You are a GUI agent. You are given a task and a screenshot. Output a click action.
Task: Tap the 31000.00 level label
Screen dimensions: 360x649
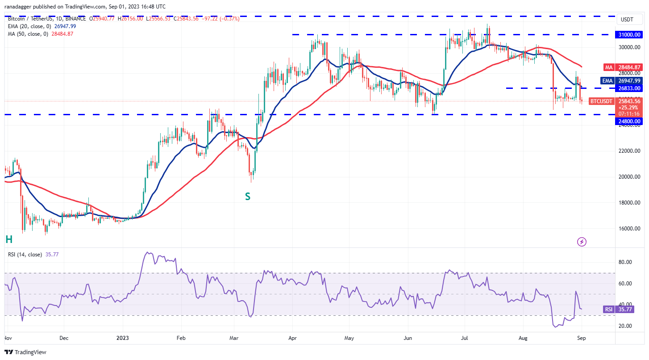click(630, 34)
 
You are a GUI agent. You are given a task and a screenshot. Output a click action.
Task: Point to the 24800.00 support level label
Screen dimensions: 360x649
click(630, 121)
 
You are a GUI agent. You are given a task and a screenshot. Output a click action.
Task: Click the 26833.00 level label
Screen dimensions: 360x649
click(630, 88)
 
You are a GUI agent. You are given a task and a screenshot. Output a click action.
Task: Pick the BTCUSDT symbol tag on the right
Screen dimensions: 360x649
click(601, 101)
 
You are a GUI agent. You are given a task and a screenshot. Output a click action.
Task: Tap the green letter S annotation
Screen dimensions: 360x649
click(247, 197)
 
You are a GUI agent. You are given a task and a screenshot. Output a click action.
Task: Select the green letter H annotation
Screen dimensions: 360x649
click(8, 240)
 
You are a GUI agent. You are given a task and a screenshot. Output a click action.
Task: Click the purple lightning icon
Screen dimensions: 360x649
click(582, 242)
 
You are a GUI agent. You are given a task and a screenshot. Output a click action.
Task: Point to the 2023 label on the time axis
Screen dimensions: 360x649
click(122, 338)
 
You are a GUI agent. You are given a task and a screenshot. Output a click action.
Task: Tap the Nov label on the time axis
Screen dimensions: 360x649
click(8, 338)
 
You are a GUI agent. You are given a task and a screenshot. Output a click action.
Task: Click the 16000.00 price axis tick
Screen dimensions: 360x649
click(630, 229)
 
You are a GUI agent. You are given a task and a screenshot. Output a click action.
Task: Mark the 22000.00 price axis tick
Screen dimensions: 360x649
click(630, 151)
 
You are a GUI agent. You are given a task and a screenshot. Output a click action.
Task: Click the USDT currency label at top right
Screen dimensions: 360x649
click(627, 20)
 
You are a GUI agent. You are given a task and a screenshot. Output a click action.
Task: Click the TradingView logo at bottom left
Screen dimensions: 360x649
click(26, 352)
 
